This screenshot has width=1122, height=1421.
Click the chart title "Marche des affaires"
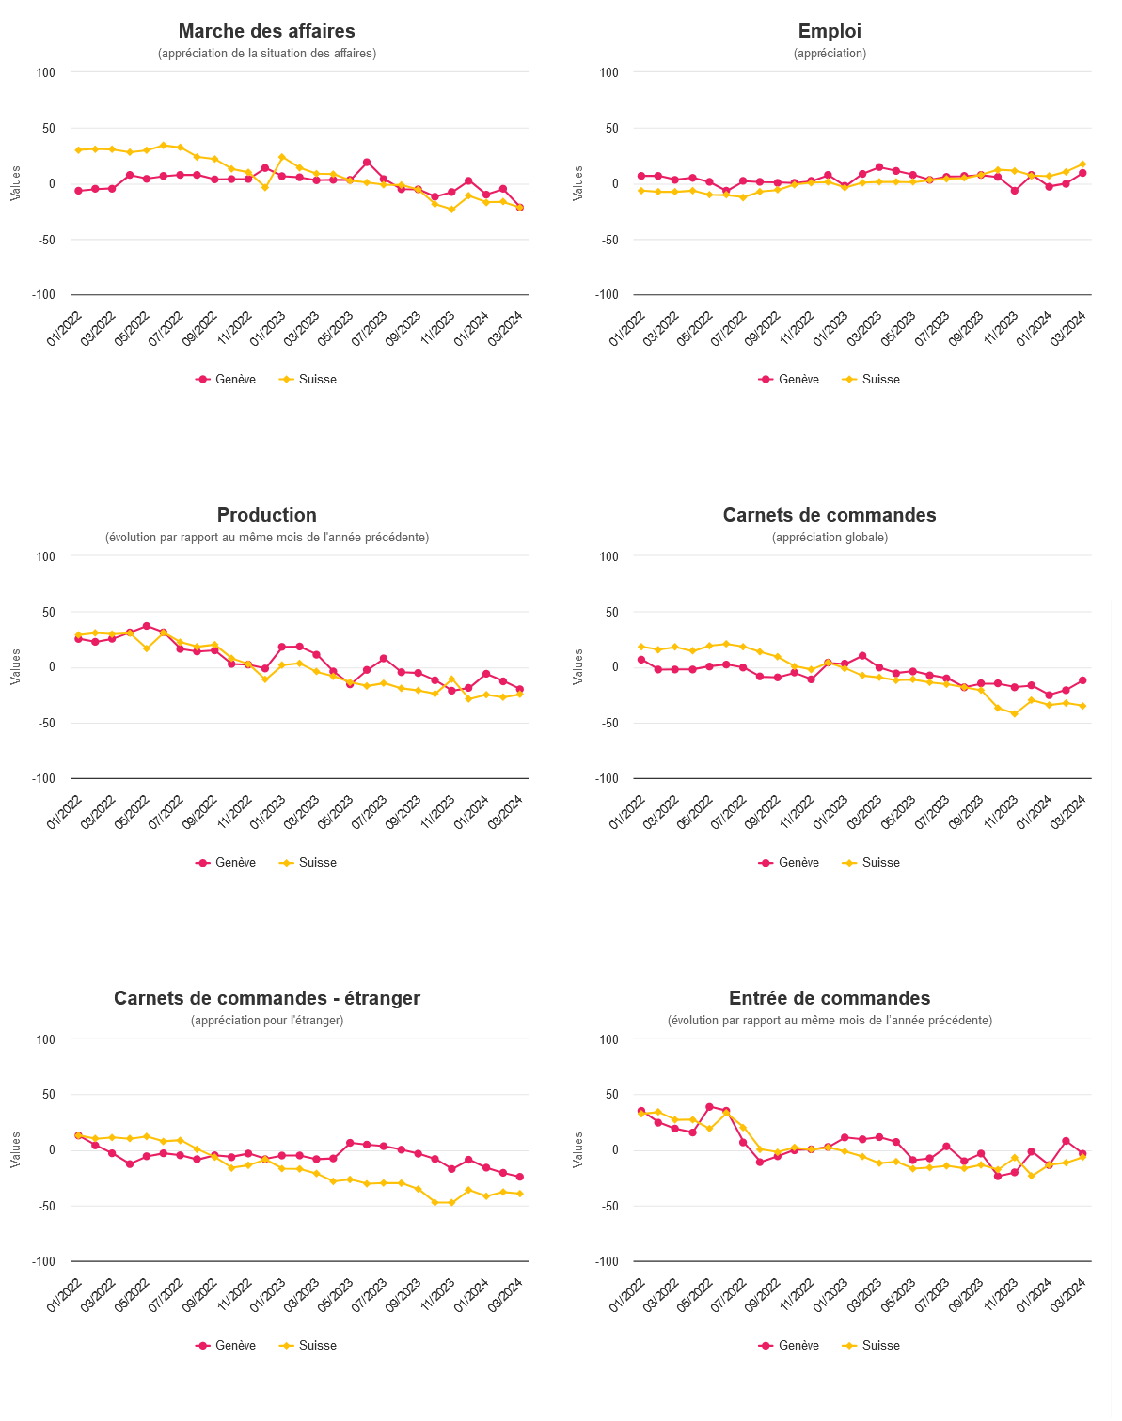click(x=266, y=31)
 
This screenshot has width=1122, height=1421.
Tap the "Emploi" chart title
click(x=830, y=31)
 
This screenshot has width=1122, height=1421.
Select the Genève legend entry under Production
click(x=226, y=863)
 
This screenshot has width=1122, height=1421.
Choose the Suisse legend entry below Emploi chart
click(x=871, y=379)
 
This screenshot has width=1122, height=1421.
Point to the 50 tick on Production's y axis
click(x=49, y=612)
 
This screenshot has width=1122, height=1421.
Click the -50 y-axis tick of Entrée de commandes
click(x=609, y=1206)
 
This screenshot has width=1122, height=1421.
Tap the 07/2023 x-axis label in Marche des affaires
click(x=369, y=328)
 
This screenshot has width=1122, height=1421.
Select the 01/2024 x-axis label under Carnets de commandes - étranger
click(x=470, y=1295)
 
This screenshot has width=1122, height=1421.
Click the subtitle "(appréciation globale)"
click(x=830, y=537)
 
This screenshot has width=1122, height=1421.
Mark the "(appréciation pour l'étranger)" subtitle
click(x=267, y=1021)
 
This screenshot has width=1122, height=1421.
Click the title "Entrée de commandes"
click(x=830, y=998)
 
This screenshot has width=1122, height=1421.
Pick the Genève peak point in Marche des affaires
click(x=367, y=163)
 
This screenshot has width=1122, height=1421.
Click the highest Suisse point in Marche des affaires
click(x=164, y=146)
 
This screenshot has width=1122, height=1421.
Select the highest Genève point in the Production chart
click(x=147, y=626)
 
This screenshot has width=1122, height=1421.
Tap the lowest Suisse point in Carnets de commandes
click(x=1014, y=714)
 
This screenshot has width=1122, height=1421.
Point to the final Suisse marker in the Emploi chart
click(x=1082, y=164)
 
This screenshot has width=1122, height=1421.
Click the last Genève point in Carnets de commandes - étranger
click(x=519, y=1177)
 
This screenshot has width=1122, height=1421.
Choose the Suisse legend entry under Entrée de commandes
click(x=871, y=1345)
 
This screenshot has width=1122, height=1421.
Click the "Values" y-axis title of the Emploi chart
click(x=578, y=183)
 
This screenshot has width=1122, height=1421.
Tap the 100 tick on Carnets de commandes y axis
click(x=609, y=556)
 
